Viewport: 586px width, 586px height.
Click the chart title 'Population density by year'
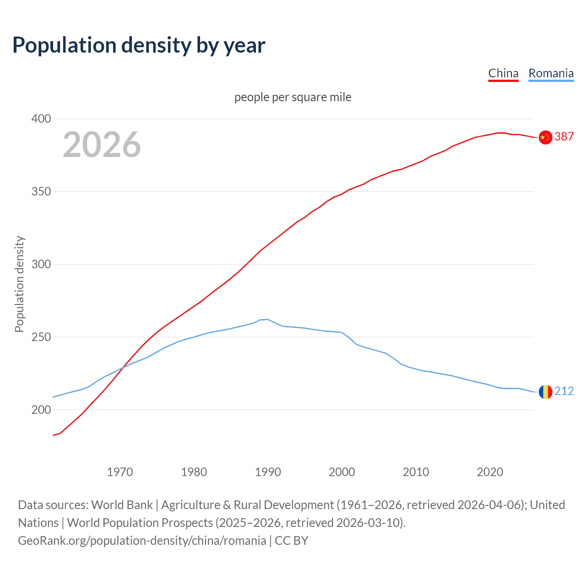(139, 45)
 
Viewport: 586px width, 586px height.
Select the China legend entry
(503, 73)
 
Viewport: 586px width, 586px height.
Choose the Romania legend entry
(551, 73)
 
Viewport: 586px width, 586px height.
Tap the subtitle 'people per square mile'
(293, 97)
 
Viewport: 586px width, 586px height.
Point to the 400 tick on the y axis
(41, 119)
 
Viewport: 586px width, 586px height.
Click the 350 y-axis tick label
(41, 191)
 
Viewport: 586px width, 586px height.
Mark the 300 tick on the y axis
(41, 264)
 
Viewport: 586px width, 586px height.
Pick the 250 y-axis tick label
(41, 337)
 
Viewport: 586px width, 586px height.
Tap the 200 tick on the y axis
(41, 410)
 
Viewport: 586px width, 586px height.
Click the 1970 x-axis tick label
(120, 472)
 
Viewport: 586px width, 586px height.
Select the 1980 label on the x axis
(194, 472)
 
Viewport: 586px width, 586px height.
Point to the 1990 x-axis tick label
(268, 472)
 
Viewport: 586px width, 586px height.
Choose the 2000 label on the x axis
(342, 472)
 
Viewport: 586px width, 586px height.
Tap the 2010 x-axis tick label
(416, 472)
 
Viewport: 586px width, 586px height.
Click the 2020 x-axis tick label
(490, 472)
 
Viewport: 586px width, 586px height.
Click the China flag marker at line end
(545, 137)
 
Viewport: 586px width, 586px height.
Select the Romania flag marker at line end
(545, 392)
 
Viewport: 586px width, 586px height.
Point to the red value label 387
(564, 136)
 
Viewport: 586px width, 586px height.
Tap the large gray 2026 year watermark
(102, 145)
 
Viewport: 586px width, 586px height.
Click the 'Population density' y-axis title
(19, 284)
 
